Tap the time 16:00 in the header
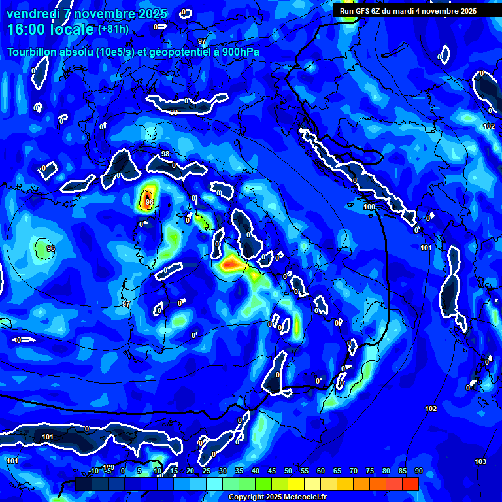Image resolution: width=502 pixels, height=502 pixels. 27,30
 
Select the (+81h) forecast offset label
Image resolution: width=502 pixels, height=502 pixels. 113,29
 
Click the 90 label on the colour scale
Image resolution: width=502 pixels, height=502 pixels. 418,471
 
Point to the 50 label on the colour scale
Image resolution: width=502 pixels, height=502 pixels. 288,471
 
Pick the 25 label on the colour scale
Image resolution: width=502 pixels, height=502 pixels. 206,471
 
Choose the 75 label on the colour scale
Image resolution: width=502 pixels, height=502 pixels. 369,471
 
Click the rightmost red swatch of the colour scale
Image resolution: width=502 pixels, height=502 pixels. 410,484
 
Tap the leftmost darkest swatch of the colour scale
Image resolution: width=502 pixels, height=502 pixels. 84,484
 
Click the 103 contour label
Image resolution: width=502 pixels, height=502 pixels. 480,461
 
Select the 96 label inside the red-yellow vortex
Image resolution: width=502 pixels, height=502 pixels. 150,203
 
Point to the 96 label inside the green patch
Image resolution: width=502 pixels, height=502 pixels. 51,248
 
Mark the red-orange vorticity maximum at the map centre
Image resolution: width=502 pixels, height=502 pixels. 231,264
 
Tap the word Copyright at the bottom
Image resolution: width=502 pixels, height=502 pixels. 246,497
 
